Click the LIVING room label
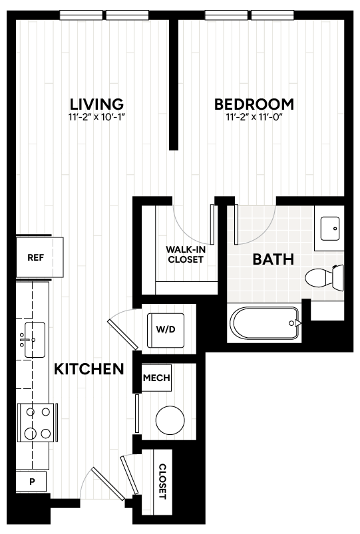[97, 104]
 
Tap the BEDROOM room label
[254, 104]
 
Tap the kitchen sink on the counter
[33, 340]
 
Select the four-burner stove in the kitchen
[38, 423]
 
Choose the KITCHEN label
[89, 369]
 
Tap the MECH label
[157, 379]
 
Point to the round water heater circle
[170, 419]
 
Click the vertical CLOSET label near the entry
[162, 482]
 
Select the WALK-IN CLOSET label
[185, 255]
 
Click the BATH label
[273, 259]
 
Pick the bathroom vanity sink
[329, 228]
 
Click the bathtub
[265, 324]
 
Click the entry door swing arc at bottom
[100, 489]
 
